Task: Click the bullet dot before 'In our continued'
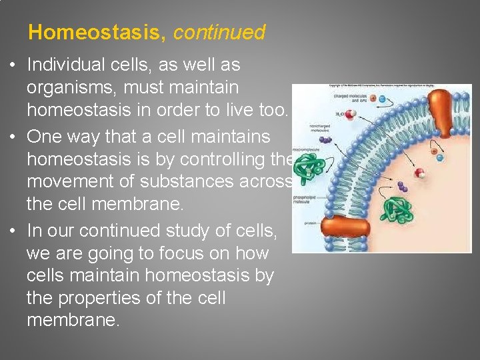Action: pos(17,231)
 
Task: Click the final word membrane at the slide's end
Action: pos(73,321)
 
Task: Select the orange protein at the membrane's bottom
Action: pos(346,227)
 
